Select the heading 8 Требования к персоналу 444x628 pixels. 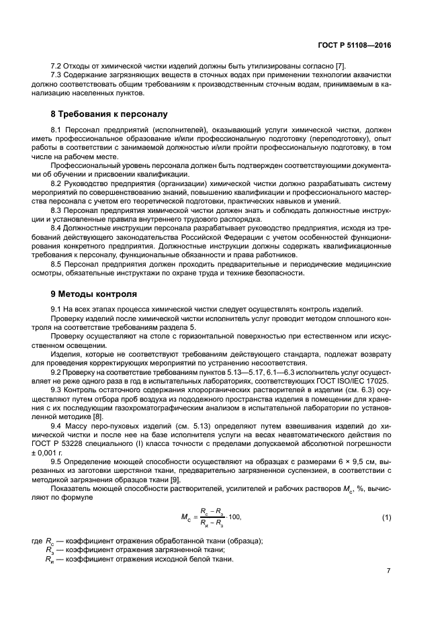pyautogui.click(x=109, y=114)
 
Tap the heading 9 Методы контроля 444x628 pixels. pyautogui.click(x=94, y=294)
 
